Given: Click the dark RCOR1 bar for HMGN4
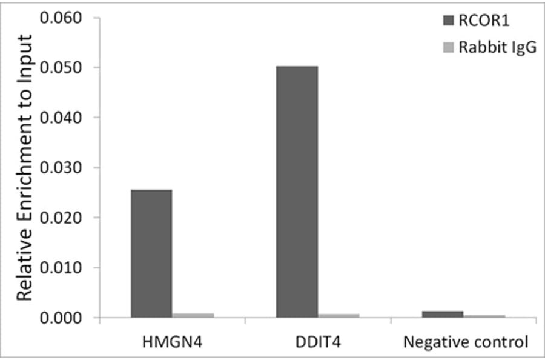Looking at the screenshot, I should point(151,253).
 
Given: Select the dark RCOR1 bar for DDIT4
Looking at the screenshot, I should point(297,192).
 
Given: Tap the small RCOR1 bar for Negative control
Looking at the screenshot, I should point(443,314).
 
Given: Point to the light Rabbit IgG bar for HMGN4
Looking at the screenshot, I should point(193,315).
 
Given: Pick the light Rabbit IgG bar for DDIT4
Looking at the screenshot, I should point(339,315).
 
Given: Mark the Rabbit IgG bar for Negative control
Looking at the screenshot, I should point(484,316).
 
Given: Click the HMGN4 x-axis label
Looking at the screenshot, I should point(173,342).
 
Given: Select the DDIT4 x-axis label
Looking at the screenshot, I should point(318,342).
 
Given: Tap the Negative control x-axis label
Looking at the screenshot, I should point(465,342).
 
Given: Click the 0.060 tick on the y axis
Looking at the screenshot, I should point(60,18).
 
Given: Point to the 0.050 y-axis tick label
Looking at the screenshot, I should point(60,67).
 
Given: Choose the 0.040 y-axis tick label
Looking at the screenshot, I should point(60,118).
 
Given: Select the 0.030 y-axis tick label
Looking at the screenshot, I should point(60,168).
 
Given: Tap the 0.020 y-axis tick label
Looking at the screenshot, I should point(60,218).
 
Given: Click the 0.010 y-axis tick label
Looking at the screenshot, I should point(60,268).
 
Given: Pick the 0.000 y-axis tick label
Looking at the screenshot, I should point(60,318).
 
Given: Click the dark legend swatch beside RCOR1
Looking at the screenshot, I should point(449,22).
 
